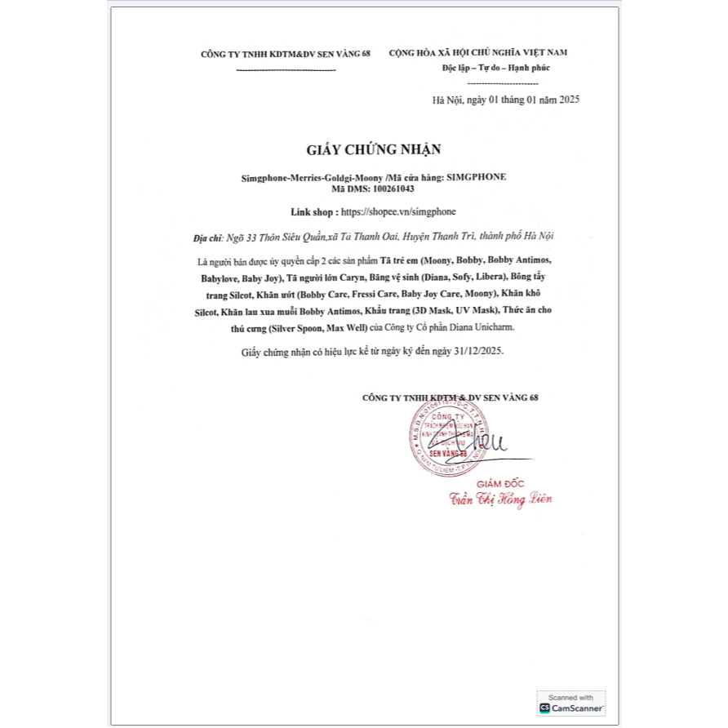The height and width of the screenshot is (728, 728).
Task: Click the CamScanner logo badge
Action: (571, 703)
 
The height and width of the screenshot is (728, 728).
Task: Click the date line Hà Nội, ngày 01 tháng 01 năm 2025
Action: (505, 100)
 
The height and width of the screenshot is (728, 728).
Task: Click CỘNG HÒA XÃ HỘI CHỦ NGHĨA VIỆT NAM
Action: (478, 52)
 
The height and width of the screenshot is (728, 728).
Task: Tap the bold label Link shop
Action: (313, 211)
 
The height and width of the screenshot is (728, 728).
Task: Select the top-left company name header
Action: (286, 53)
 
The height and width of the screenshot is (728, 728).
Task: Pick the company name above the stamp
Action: (450, 397)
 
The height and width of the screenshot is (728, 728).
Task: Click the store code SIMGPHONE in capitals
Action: (482, 176)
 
